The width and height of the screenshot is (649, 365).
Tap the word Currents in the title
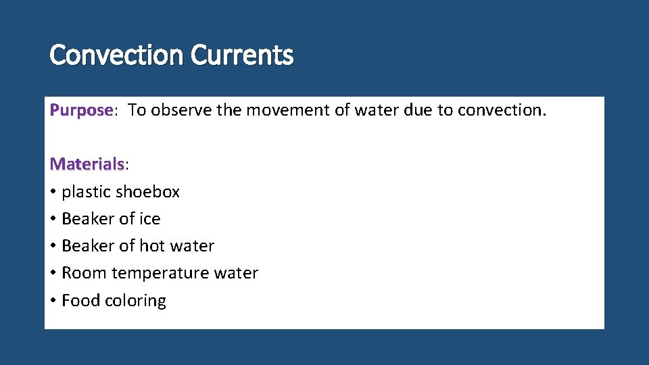(x=242, y=55)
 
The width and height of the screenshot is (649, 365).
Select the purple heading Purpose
(x=81, y=110)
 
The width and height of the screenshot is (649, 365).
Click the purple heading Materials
(x=87, y=164)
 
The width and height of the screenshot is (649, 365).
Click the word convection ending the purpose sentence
(x=502, y=110)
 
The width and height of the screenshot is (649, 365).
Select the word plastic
(x=86, y=192)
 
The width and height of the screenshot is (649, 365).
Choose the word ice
(x=149, y=219)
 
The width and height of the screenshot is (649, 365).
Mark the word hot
(x=152, y=246)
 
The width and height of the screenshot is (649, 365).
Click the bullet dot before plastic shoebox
(x=53, y=193)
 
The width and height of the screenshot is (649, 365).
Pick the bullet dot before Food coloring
(x=53, y=301)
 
